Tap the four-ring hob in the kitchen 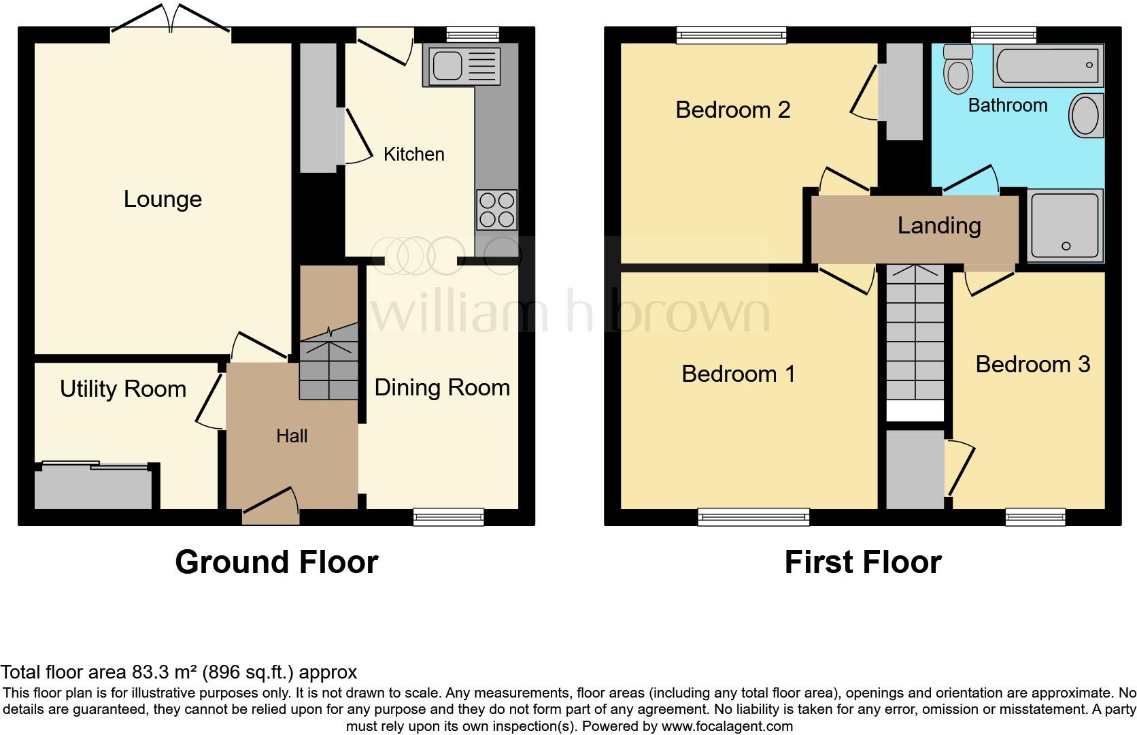[x=497, y=210]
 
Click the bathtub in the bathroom [x=1048, y=66]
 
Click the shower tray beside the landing [x=1065, y=225]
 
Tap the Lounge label [x=163, y=199]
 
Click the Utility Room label [x=123, y=389]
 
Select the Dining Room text [x=442, y=388]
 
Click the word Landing [x=939, y=226]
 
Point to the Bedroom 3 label [x=1032, y=365]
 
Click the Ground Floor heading [x=276, y=563]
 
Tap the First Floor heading [x=862, y=563]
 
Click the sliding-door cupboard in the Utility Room [x=93, y=487]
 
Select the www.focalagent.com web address [x=726, y=726]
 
